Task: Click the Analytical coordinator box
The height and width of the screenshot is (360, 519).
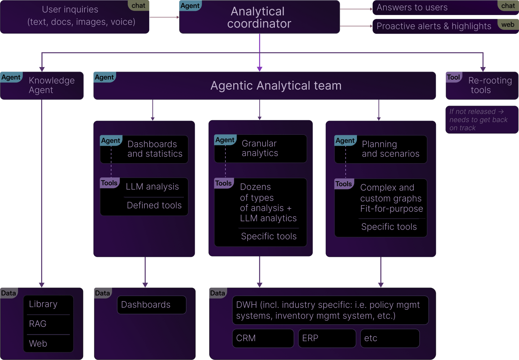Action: pyautogui.click(x=259, y=17)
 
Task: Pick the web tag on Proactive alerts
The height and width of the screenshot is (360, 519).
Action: pyautogui.click(x=508, y=25)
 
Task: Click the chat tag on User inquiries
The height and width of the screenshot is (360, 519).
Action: pyautogui.click(x=138, y=5)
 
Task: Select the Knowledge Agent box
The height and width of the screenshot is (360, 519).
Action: pyautogui.click(x=42, y=85)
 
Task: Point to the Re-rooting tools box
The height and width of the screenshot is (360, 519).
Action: pyautogui.click(x=482, y=85)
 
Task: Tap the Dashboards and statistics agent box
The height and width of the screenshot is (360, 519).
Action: pyautogui.click(x=144, y=149)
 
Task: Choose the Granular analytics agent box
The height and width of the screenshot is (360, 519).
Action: pyautogui.click(x=261, y=148)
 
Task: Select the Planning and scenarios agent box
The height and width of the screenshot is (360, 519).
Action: pyautogui.click(x=381, y=149)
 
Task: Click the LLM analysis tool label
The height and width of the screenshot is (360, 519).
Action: pyautogui.click(x=152, y=187)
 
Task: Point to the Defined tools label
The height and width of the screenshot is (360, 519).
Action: pyautogui.click(x=154, y=205)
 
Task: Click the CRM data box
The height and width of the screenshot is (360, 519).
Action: pyautogui.click(x=263, y=338)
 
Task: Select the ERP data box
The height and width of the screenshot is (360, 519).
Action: pyautogui.click(x=327, y=338)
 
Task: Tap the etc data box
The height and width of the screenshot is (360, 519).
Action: pyautogui.click(x=390, y=338)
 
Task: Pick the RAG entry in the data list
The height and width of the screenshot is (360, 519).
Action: pyautogui.click(x=38, y=324)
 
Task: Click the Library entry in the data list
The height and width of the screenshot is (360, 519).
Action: pyautogui.click(x=43, y=304)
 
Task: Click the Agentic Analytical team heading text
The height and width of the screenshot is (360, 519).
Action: pyautogui.click(x=276, y=85)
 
